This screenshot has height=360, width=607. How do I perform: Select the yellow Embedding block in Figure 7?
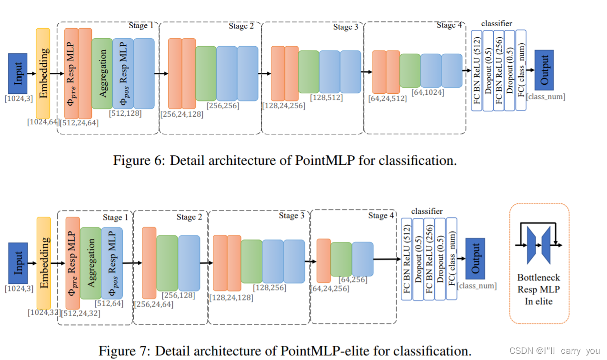pyautogui.click(x=44, y=262)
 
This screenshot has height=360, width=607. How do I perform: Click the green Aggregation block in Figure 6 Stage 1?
pyautogui.click(x=102, y=73)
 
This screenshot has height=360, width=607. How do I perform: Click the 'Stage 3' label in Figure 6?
pyautogui.click(x=346, y=27)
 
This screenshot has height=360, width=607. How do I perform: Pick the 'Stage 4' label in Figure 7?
pyautogui.click(x=381, y=216)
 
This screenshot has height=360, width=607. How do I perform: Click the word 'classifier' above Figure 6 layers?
pyautogui.click(x=497, y=23)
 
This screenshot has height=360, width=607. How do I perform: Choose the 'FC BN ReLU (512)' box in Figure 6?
pyautogui.click(x=477, y=70)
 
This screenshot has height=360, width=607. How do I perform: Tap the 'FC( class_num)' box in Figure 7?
pyautogui.click(x=451, y=259)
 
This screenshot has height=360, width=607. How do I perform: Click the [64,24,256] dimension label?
pyautogui.click(x=329, y=289)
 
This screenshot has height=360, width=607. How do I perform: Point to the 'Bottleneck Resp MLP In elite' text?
pyautogui.click(x=538, y=289)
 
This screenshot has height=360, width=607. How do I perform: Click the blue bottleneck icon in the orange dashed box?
pyautogui.click(x=539, y=245)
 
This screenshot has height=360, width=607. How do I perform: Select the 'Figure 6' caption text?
pyautogui.click(x=285, y=160)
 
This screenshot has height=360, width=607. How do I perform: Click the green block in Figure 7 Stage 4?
pyautogui.click(x=341, y=260)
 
